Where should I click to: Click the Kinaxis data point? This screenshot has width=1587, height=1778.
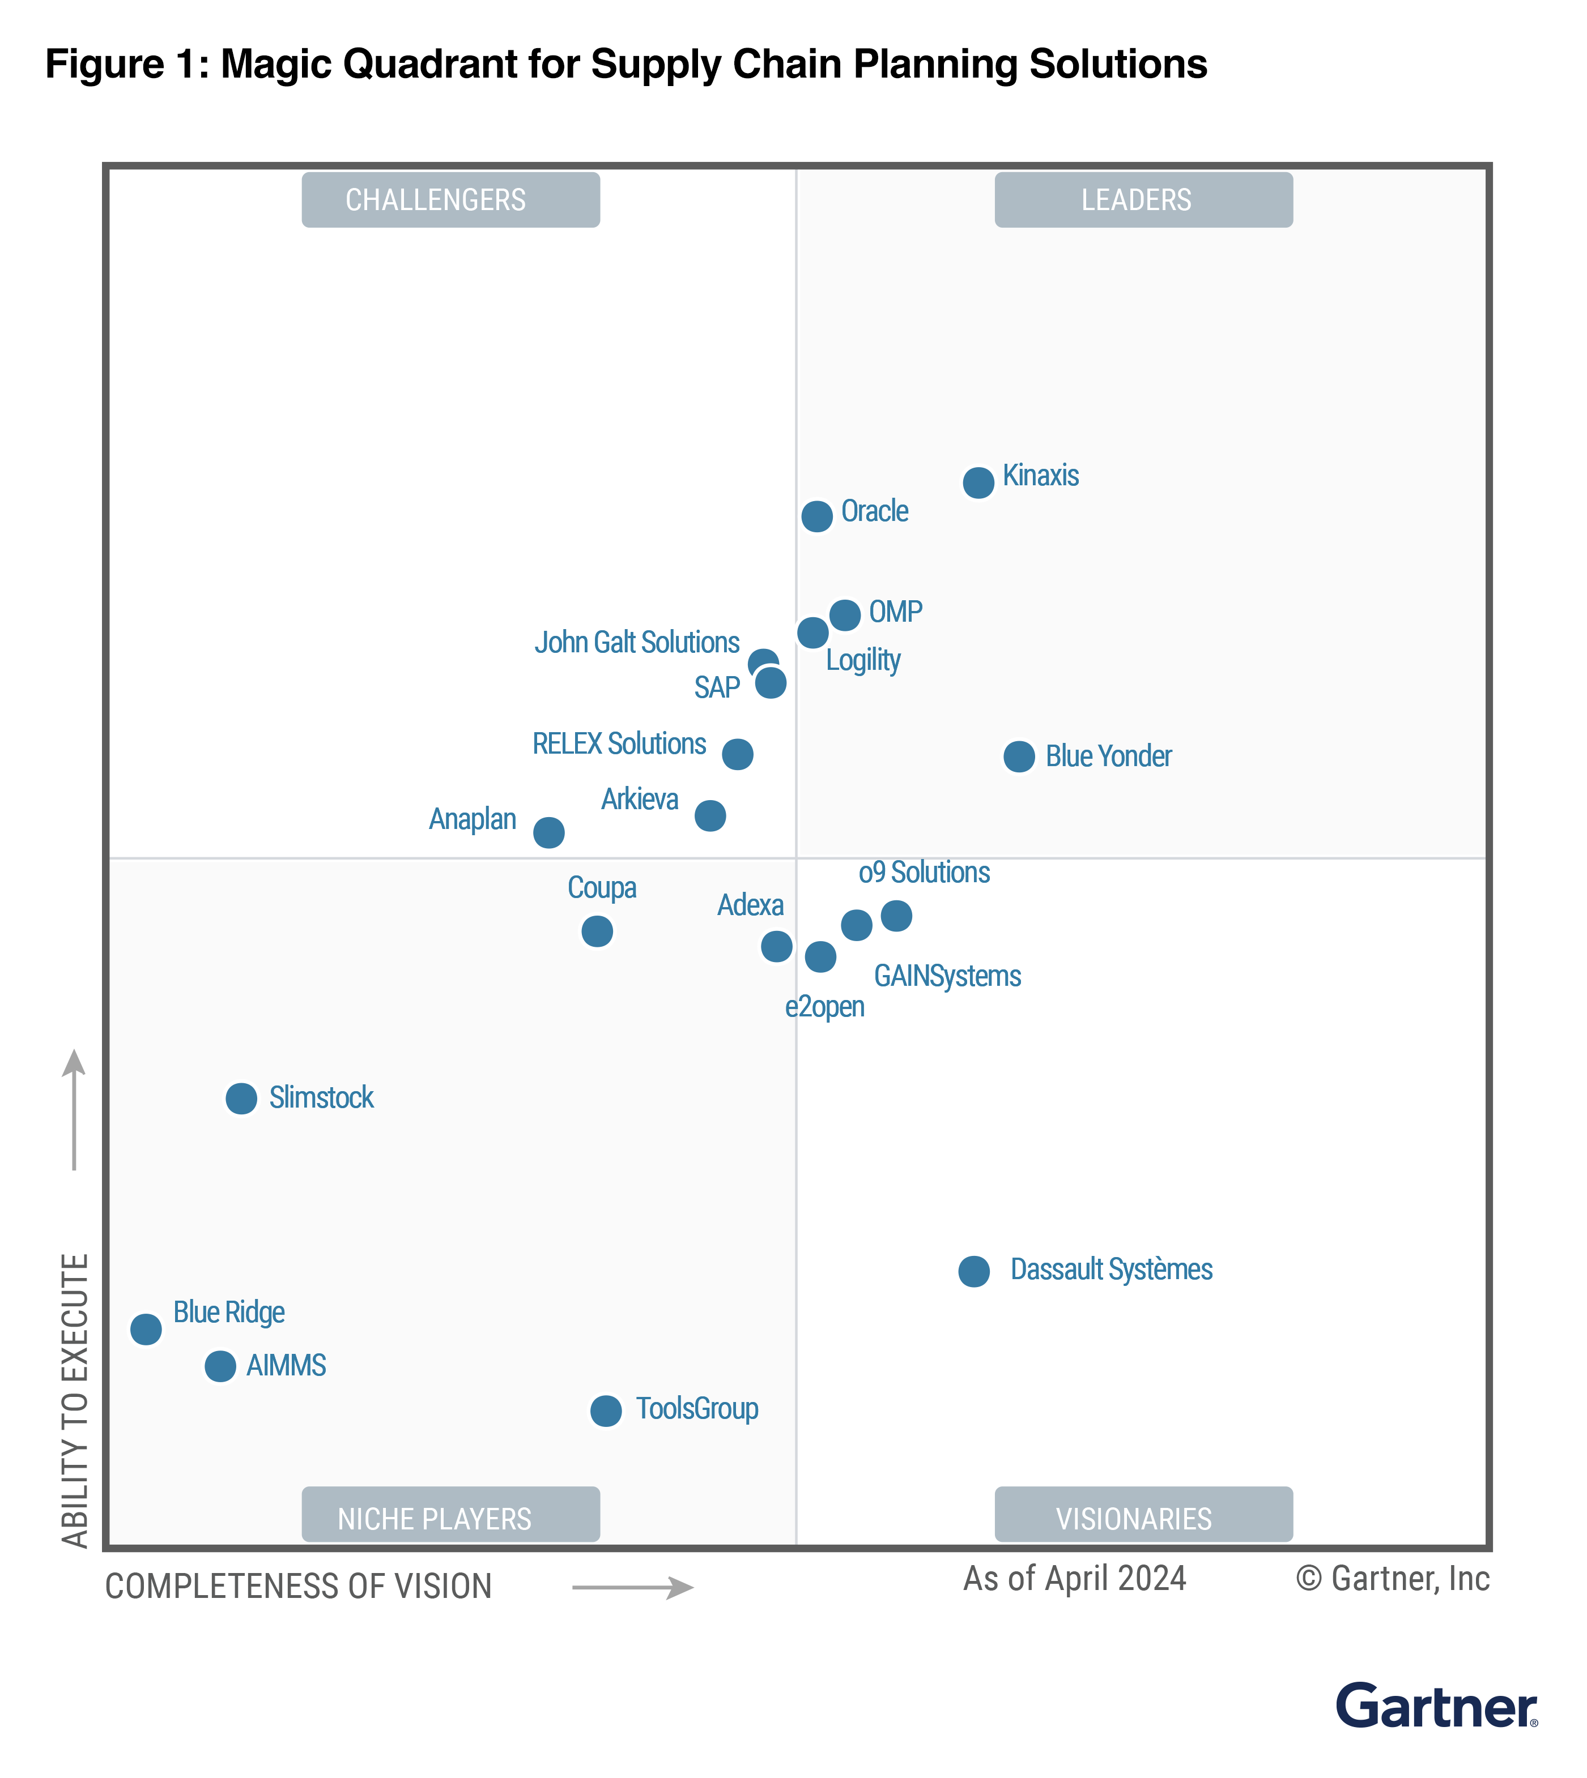coord(978,482)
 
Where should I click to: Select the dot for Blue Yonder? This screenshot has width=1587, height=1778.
coord(1019,756)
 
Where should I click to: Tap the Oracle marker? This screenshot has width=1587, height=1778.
coord(817,516)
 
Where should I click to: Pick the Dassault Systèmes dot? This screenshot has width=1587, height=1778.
coord(974,1272)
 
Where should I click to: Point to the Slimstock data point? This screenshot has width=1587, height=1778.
coord(241,1098)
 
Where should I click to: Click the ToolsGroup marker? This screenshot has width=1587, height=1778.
coord(606,1410)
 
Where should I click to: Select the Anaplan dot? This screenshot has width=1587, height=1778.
coord(548,832)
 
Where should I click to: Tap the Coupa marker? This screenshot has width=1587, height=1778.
coord(597,931)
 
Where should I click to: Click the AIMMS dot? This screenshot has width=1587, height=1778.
coord(220,1366)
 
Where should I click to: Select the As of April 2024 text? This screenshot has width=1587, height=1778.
coord(1074,1579)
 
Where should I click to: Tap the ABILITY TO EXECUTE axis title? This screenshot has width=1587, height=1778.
coord(76,1401)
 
